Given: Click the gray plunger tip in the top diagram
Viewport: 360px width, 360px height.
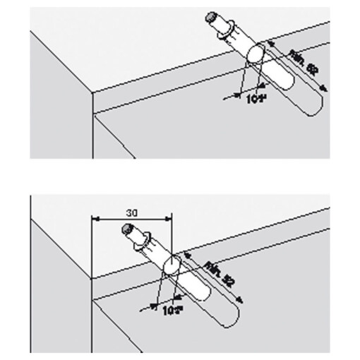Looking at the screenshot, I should click(x=211, y=16).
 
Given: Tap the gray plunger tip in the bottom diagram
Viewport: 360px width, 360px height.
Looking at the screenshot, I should click(x=126, y=229).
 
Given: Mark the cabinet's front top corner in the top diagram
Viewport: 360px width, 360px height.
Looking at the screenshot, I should click(x=92, y=90).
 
